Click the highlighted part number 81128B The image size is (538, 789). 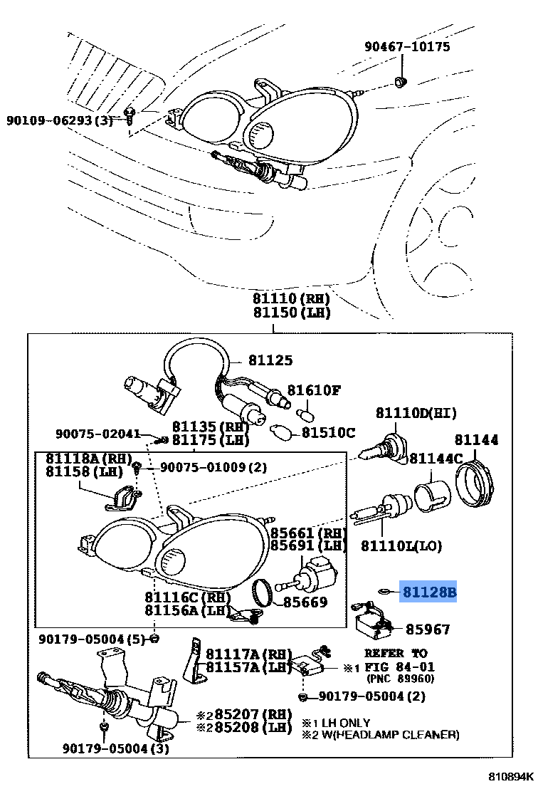click(429, 592)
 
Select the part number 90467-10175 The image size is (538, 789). click(407, 47)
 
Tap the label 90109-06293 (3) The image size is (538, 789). click(60, 120)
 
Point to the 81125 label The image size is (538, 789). click(270, 361)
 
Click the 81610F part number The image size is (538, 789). click(314, 390)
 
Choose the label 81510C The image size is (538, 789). click(328, 432)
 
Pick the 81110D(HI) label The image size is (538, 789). click(416, 413)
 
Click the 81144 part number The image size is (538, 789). click(477, 440)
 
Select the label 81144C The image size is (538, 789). click(436, 458)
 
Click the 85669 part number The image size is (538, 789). click(305, 602)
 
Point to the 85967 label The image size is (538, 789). click(428, 629)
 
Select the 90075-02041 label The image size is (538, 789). click(98, 433)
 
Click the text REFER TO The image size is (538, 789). click(396, 652)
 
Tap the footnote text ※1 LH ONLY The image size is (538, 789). click(336, 723)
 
